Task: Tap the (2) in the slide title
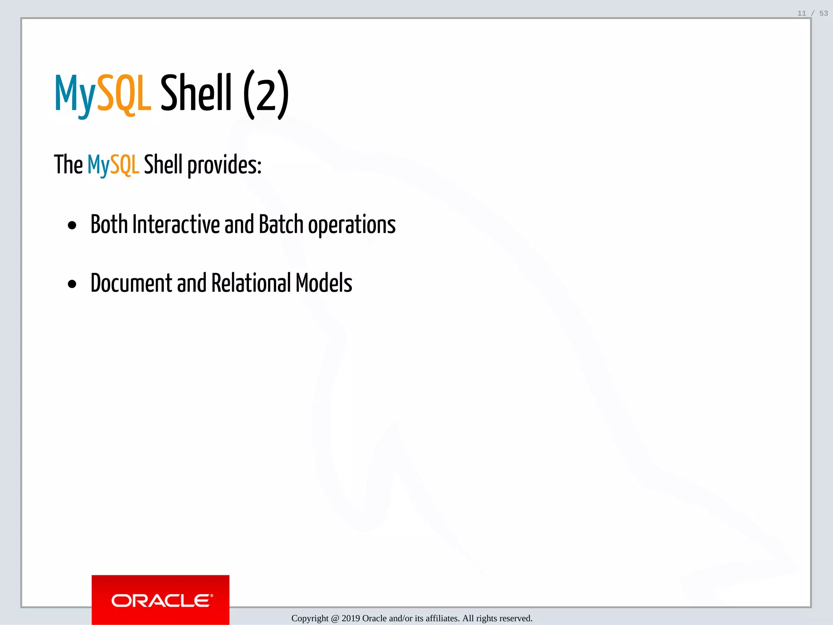pos(266,94)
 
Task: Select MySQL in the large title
pos(103,94)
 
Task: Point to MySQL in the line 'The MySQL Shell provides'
pos(113,165)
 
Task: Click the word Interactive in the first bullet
pos(176,224)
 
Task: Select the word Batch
pos(281,224)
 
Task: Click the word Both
pos(109,224)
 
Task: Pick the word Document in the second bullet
pos(131,283)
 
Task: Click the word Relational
pos(251,283)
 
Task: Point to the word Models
pos(324,283)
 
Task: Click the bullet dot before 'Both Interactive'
pos(72,225)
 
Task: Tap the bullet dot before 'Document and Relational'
pos(72,284)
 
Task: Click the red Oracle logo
pos(161,600)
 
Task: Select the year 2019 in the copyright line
pos(351,618)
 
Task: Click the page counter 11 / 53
pos(812,13)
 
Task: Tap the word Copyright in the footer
pos(310,618)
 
